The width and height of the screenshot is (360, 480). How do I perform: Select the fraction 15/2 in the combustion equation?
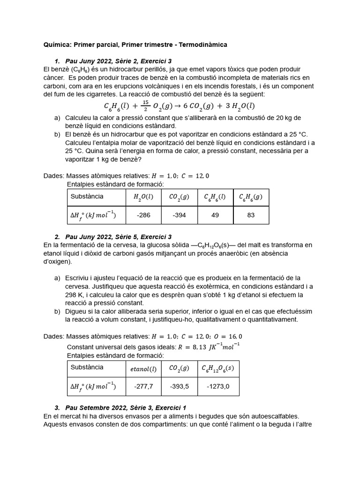click(x=146, y=105)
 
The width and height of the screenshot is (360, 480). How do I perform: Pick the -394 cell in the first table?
click(x=179, y=215)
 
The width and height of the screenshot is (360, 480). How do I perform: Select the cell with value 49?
click(x=215, y=215)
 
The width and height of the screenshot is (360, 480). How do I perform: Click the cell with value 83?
click(x=251, y=215)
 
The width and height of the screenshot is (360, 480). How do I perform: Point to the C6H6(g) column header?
click(x=251, y=197)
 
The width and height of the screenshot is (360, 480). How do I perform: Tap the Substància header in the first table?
click(x=87, y=196)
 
